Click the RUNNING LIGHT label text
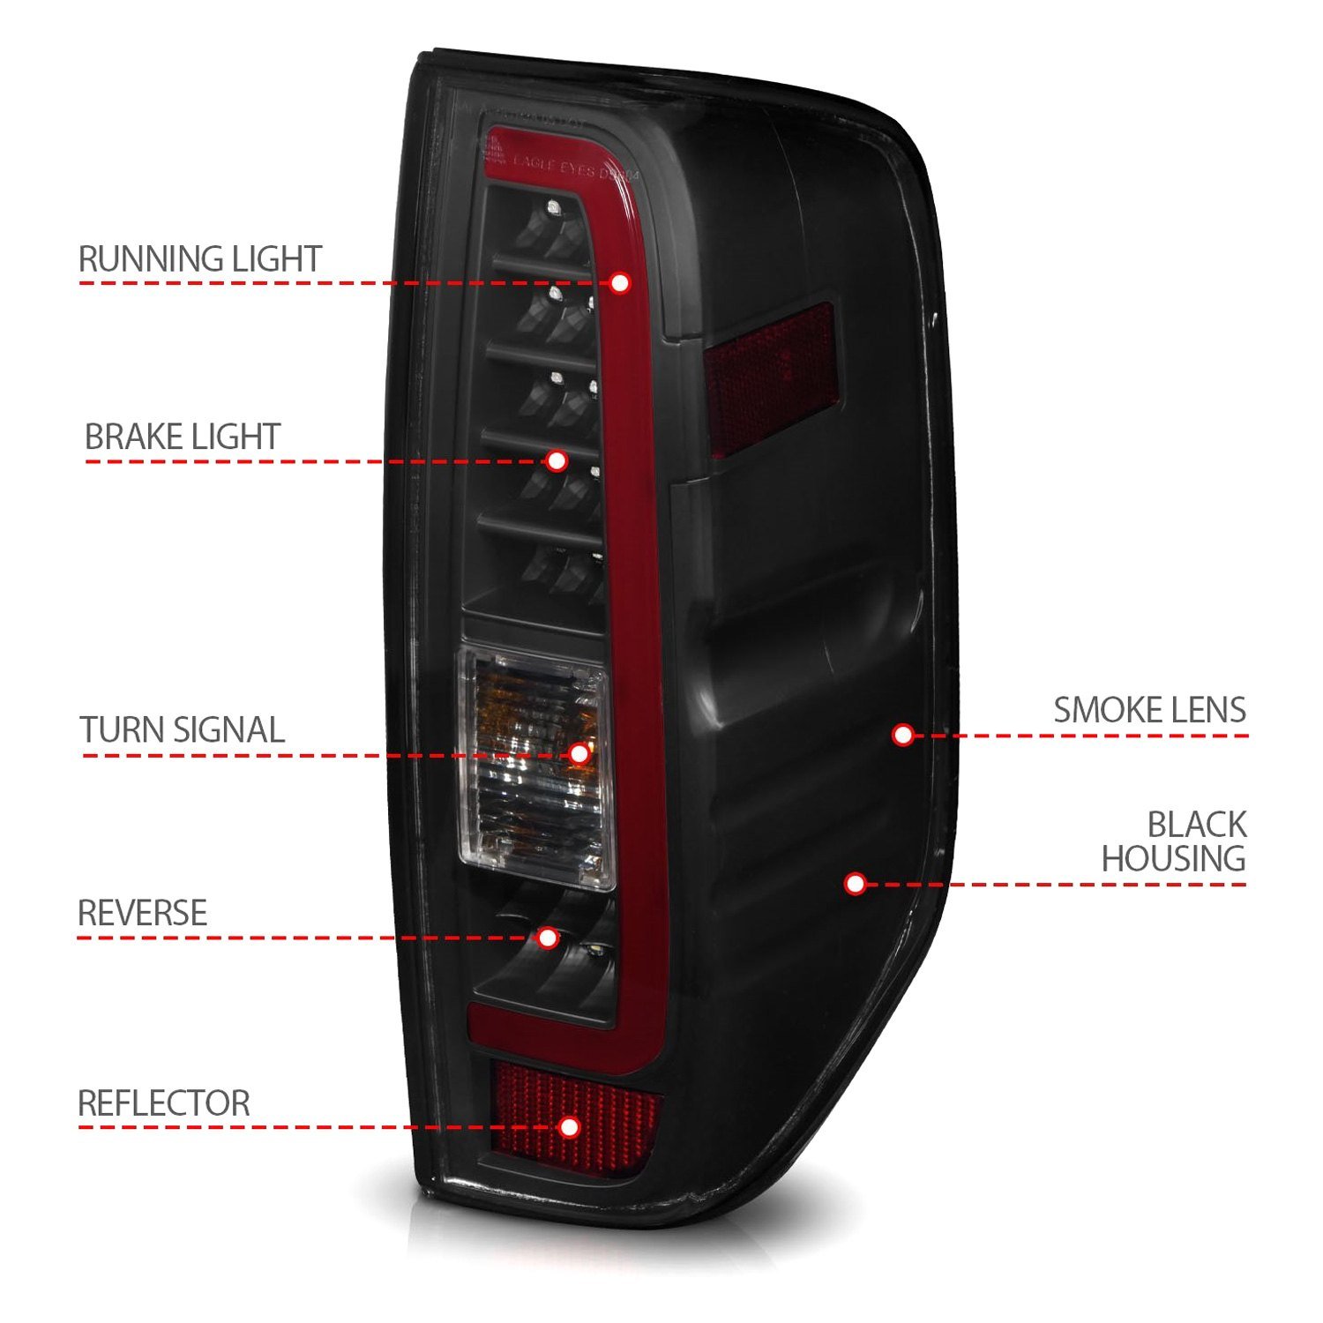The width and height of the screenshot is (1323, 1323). [x=200, y=259]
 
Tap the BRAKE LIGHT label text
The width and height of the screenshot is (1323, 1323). [x=183, y=437]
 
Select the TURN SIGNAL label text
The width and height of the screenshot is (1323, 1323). [x=183, y=730]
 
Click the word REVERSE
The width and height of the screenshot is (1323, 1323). [x=143, y=913]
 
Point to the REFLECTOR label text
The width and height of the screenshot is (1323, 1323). [x=164, y=1103]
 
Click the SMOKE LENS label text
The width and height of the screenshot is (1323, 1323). [x=1149, y=710]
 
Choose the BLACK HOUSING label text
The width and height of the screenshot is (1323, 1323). [x=1173, y=841]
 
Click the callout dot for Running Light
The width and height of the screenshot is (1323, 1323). [x=620, y=283]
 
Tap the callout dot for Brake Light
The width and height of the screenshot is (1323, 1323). [x=557, y=460]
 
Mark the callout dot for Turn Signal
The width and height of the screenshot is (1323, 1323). [x=579, y=753]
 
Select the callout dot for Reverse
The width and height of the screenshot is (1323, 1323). [x=548, y=938]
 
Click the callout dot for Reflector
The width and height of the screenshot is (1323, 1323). [x=570, y=1126]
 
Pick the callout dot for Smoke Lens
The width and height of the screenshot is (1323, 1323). [x=902, y=735]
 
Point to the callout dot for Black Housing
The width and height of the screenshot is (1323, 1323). [x=854, y=883]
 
